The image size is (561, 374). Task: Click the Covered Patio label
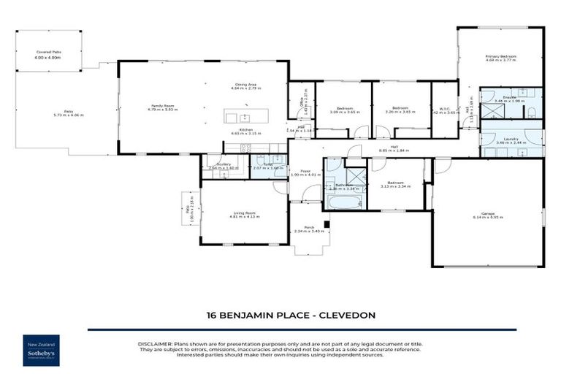(48, 53)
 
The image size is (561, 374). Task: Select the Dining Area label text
(245, 85)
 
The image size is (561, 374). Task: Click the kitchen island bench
(246, 117)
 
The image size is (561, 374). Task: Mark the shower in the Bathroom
(356, 178)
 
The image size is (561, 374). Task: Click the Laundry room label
(511, 140)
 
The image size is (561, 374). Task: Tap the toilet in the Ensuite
(532, 112)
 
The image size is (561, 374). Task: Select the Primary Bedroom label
(501, 57)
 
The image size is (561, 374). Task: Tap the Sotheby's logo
(41, 351)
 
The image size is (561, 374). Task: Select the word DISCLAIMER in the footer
(155, 343)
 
